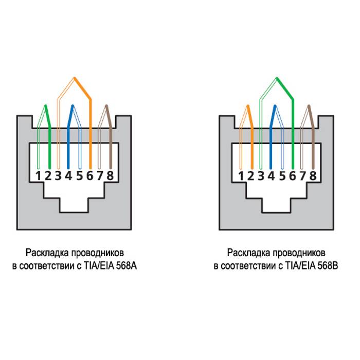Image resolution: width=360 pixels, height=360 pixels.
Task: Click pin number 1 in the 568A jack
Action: [38, 176]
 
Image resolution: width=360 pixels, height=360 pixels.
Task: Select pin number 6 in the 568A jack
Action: [90, 176]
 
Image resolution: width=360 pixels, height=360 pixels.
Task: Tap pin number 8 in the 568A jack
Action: [110, 176]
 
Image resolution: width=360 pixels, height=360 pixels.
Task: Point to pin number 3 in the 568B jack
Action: [261, 176]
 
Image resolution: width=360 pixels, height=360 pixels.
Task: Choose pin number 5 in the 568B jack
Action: [282, 176]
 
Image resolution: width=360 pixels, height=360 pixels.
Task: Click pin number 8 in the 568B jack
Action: [313, 176]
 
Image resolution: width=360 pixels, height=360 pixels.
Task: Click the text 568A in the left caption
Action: [127, 266]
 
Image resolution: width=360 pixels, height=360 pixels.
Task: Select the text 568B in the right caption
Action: [328, 266]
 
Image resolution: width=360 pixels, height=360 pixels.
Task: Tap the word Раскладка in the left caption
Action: [47, 253]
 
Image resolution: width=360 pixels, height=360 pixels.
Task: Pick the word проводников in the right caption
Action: [299, 253]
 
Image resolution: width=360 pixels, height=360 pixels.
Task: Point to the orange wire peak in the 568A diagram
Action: [75, 78]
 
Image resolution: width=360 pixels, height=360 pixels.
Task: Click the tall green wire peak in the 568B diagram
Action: [277, 78]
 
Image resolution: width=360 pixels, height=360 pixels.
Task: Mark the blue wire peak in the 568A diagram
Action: [73, 106]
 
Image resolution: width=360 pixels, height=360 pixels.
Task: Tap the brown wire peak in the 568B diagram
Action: [309, 106]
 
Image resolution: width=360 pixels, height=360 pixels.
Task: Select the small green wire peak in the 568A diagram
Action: [46, 106]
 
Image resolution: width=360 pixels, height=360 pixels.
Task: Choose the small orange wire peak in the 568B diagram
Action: [248, 106]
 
